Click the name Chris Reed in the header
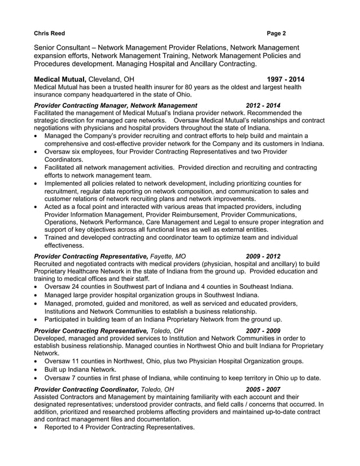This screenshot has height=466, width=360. coord(49,33)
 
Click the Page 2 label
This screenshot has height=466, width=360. coord(276,33)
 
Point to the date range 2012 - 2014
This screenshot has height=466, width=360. coord(263,105)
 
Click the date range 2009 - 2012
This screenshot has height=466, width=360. coord(263,256)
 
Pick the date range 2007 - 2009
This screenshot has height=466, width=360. coord(263,331)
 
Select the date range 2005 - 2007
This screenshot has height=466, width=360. coord(263,389)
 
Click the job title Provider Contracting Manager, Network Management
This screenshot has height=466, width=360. coord(116,105)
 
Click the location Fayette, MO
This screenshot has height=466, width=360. coord(168,256)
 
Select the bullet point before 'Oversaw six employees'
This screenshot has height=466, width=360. coord(37,152)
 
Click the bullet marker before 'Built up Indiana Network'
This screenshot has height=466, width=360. coord(37,370)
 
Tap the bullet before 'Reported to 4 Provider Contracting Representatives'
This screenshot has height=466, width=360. coord(37,428)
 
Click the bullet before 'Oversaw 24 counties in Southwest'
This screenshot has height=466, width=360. coord(37,287)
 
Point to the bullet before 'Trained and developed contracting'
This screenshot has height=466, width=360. coord(37,238)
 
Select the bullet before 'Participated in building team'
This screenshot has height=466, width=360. coord(37,319)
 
